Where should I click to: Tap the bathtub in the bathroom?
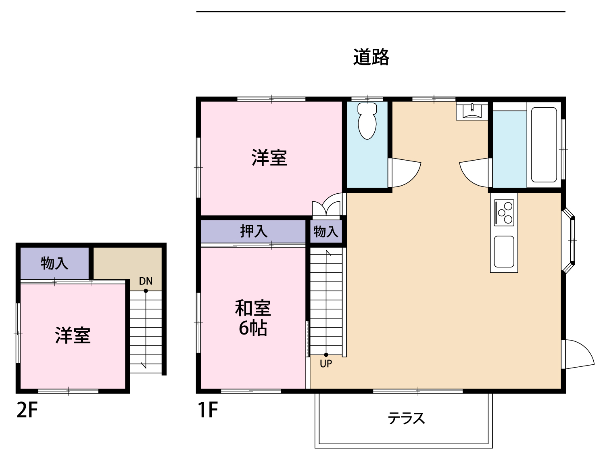click(x=544, y=145)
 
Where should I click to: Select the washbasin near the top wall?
click(x=472, y=111)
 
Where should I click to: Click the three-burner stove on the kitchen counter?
click(x=504, y=213)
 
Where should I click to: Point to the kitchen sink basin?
click(x=504, y=252)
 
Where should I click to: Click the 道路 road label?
click(x=371, y=57)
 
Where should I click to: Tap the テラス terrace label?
click(x=406, y=418)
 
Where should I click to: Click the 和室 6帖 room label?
click(x=253, y=318)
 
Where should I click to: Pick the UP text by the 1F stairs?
click(x=326, y=364)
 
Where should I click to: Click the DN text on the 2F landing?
click(x=146, y=281)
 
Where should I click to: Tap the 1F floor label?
click(x=208, y=410)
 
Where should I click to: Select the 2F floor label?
click(x=27, y=410)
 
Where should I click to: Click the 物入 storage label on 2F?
click(x=54, y=263)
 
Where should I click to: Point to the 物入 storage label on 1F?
click(x=326, y=231)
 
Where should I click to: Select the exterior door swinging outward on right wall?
click(x=578, y=354)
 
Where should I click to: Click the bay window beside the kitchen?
click(x=568, y=240)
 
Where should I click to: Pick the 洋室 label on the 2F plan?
click(x=73, y=335)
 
